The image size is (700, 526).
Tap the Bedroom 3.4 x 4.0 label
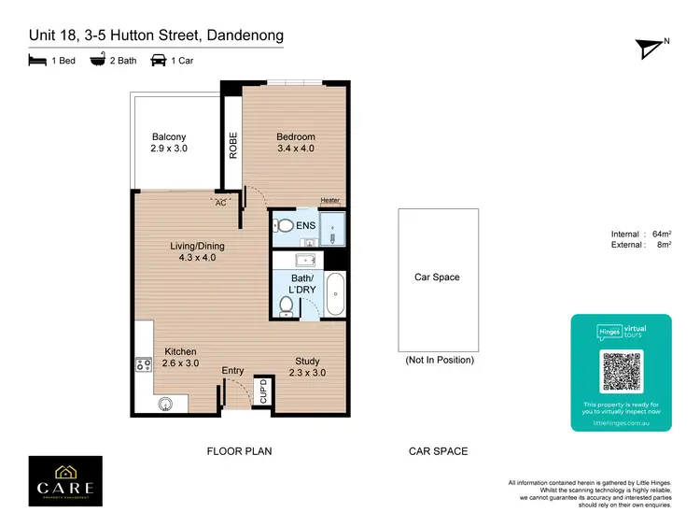tap(296, 142)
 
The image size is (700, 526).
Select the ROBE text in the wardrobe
tap(233, 147)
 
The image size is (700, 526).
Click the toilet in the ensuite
tap(284, 226)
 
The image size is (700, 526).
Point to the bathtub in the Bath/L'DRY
tap(336, 294)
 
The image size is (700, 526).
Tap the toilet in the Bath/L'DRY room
tap(288, 305)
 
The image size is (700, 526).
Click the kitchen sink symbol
tap(166, 404)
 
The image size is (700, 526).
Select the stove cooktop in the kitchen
tap(144, 365)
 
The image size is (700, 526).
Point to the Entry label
tap(232, 371)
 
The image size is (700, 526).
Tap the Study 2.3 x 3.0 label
tap(307, 366)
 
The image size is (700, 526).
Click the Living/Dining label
tap(197, 251)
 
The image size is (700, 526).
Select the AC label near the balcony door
tap(221, 201)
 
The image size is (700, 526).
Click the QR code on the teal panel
tap(621, 373)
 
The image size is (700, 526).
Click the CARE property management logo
tap(65, 481)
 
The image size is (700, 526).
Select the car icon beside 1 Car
tap(158, 61)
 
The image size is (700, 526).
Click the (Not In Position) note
tap(439, 360)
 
